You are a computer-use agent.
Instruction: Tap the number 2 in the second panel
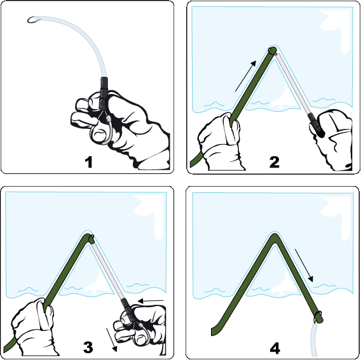tap(274, 162)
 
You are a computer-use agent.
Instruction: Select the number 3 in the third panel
tap(88, 347)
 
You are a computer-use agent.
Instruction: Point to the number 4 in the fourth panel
tap(274, 348)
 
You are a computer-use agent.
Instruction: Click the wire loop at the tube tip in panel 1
tap(34, 20)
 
